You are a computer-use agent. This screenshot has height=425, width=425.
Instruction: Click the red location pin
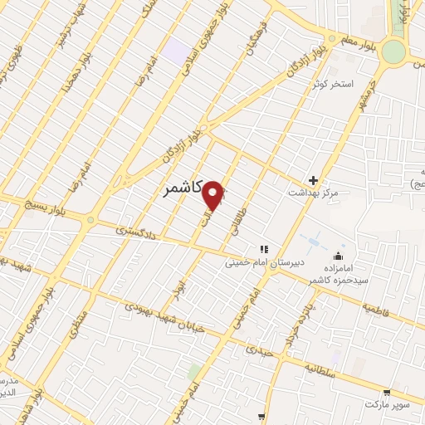click(214, 194)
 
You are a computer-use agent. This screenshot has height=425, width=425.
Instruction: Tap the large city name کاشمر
click(178, 189)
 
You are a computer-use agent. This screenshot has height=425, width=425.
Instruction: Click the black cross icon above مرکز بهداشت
click(313, 180)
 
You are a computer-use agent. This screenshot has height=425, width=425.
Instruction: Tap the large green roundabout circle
click(393, 51)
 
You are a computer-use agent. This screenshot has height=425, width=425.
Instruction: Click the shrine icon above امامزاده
click(339, 256)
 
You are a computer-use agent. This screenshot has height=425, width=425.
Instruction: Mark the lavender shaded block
click(176, 48)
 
